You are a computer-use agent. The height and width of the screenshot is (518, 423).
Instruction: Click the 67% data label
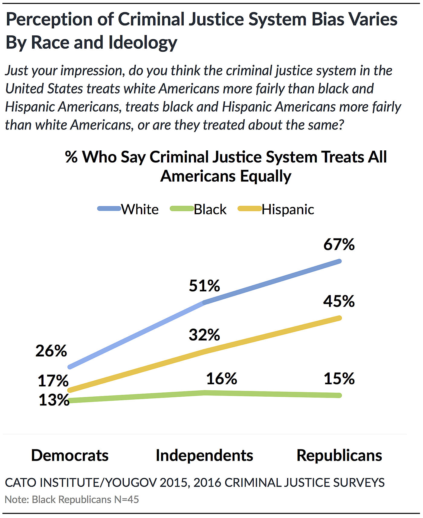click(x=339, y=244)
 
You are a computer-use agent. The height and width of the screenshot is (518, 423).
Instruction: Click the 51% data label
click(x=205, y=286)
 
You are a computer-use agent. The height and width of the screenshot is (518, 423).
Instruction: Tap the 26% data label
click(x=51, y=351)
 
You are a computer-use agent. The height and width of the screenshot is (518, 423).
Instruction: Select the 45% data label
click(x=339, y=301)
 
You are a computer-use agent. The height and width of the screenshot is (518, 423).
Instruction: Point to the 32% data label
click(x=205, y=335)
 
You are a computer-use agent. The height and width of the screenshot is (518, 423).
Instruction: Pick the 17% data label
click(x=53, y=381)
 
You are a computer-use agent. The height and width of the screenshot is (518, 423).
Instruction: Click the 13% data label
click(x=54, y=400)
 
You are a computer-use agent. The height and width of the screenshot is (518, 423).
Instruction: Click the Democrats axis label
click(x=70, y=455)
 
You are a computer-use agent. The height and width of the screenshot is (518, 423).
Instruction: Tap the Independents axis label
click(x=205, y=455)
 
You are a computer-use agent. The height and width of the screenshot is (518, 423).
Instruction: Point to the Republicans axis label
click(x=339, y=455)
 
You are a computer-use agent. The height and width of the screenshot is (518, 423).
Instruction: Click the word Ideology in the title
click(x=143, y=42)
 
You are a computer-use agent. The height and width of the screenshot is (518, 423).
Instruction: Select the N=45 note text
click(x=126, y=500)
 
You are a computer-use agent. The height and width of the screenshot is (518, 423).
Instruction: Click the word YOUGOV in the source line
click(x=131, y=483)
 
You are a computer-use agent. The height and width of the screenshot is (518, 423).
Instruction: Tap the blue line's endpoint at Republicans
click(x=339, y=261)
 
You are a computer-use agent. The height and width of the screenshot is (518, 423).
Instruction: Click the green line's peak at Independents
click(x=205, y=393)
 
